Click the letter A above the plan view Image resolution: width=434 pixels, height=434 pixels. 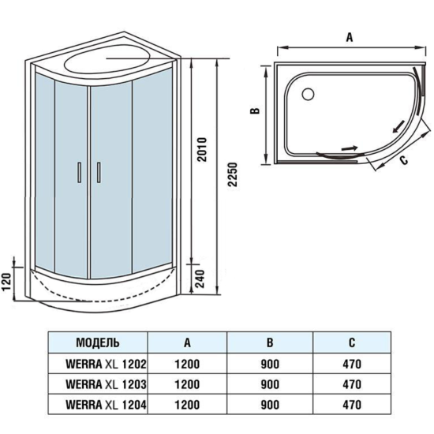[x=347, y=36]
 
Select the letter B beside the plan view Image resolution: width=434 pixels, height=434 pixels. [x=256, y=110]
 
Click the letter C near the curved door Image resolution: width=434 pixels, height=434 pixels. [x=402, y=163]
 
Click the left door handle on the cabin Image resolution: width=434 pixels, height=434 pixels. [x=79, y=173]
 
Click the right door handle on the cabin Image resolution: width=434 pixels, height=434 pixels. [x=99, y=173]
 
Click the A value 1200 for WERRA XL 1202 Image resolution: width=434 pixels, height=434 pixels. [x=187, y=365]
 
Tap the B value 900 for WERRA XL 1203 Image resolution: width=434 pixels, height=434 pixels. [x=270, y=385]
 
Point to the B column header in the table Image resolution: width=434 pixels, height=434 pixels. [x=270, y=342]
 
